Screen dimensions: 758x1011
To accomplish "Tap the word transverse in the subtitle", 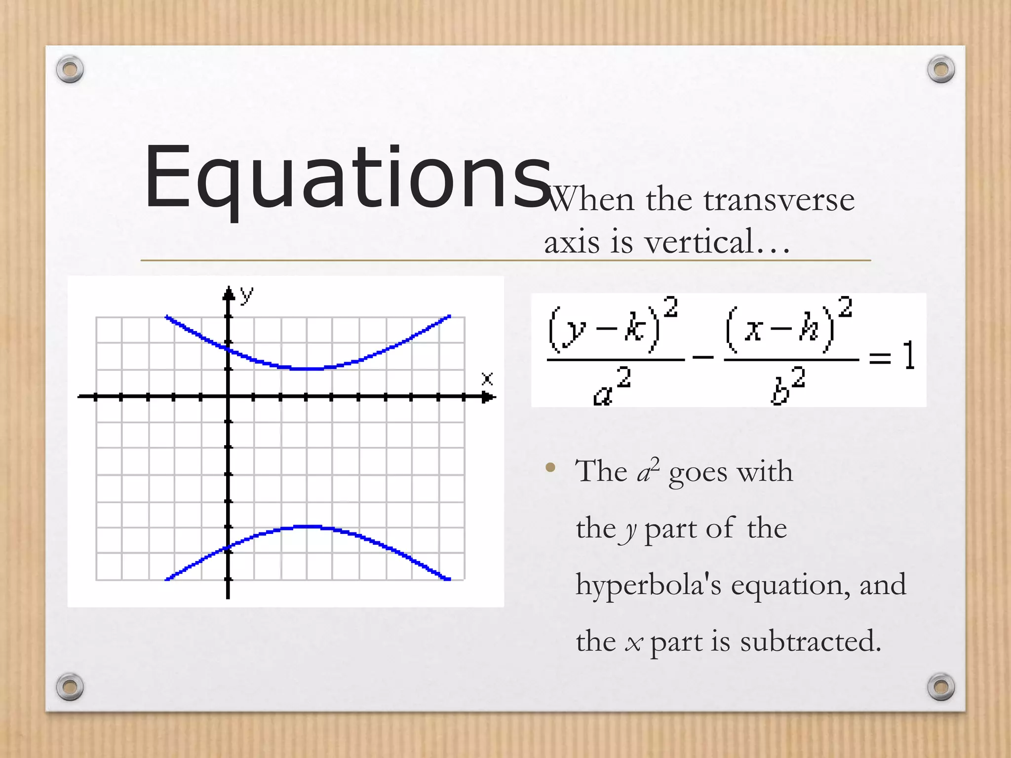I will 778,200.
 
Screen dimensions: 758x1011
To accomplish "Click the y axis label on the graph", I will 247,295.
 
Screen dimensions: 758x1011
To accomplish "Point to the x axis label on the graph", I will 487,379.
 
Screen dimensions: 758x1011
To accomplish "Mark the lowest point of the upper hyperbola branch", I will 306,369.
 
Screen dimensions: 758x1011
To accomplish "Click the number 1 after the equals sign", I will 909,355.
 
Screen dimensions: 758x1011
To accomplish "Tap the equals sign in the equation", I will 880,356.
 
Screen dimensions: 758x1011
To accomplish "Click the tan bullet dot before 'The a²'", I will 550,467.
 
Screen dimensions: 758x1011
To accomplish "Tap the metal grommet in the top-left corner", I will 70,69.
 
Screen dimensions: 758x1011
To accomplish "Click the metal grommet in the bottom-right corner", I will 941,686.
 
